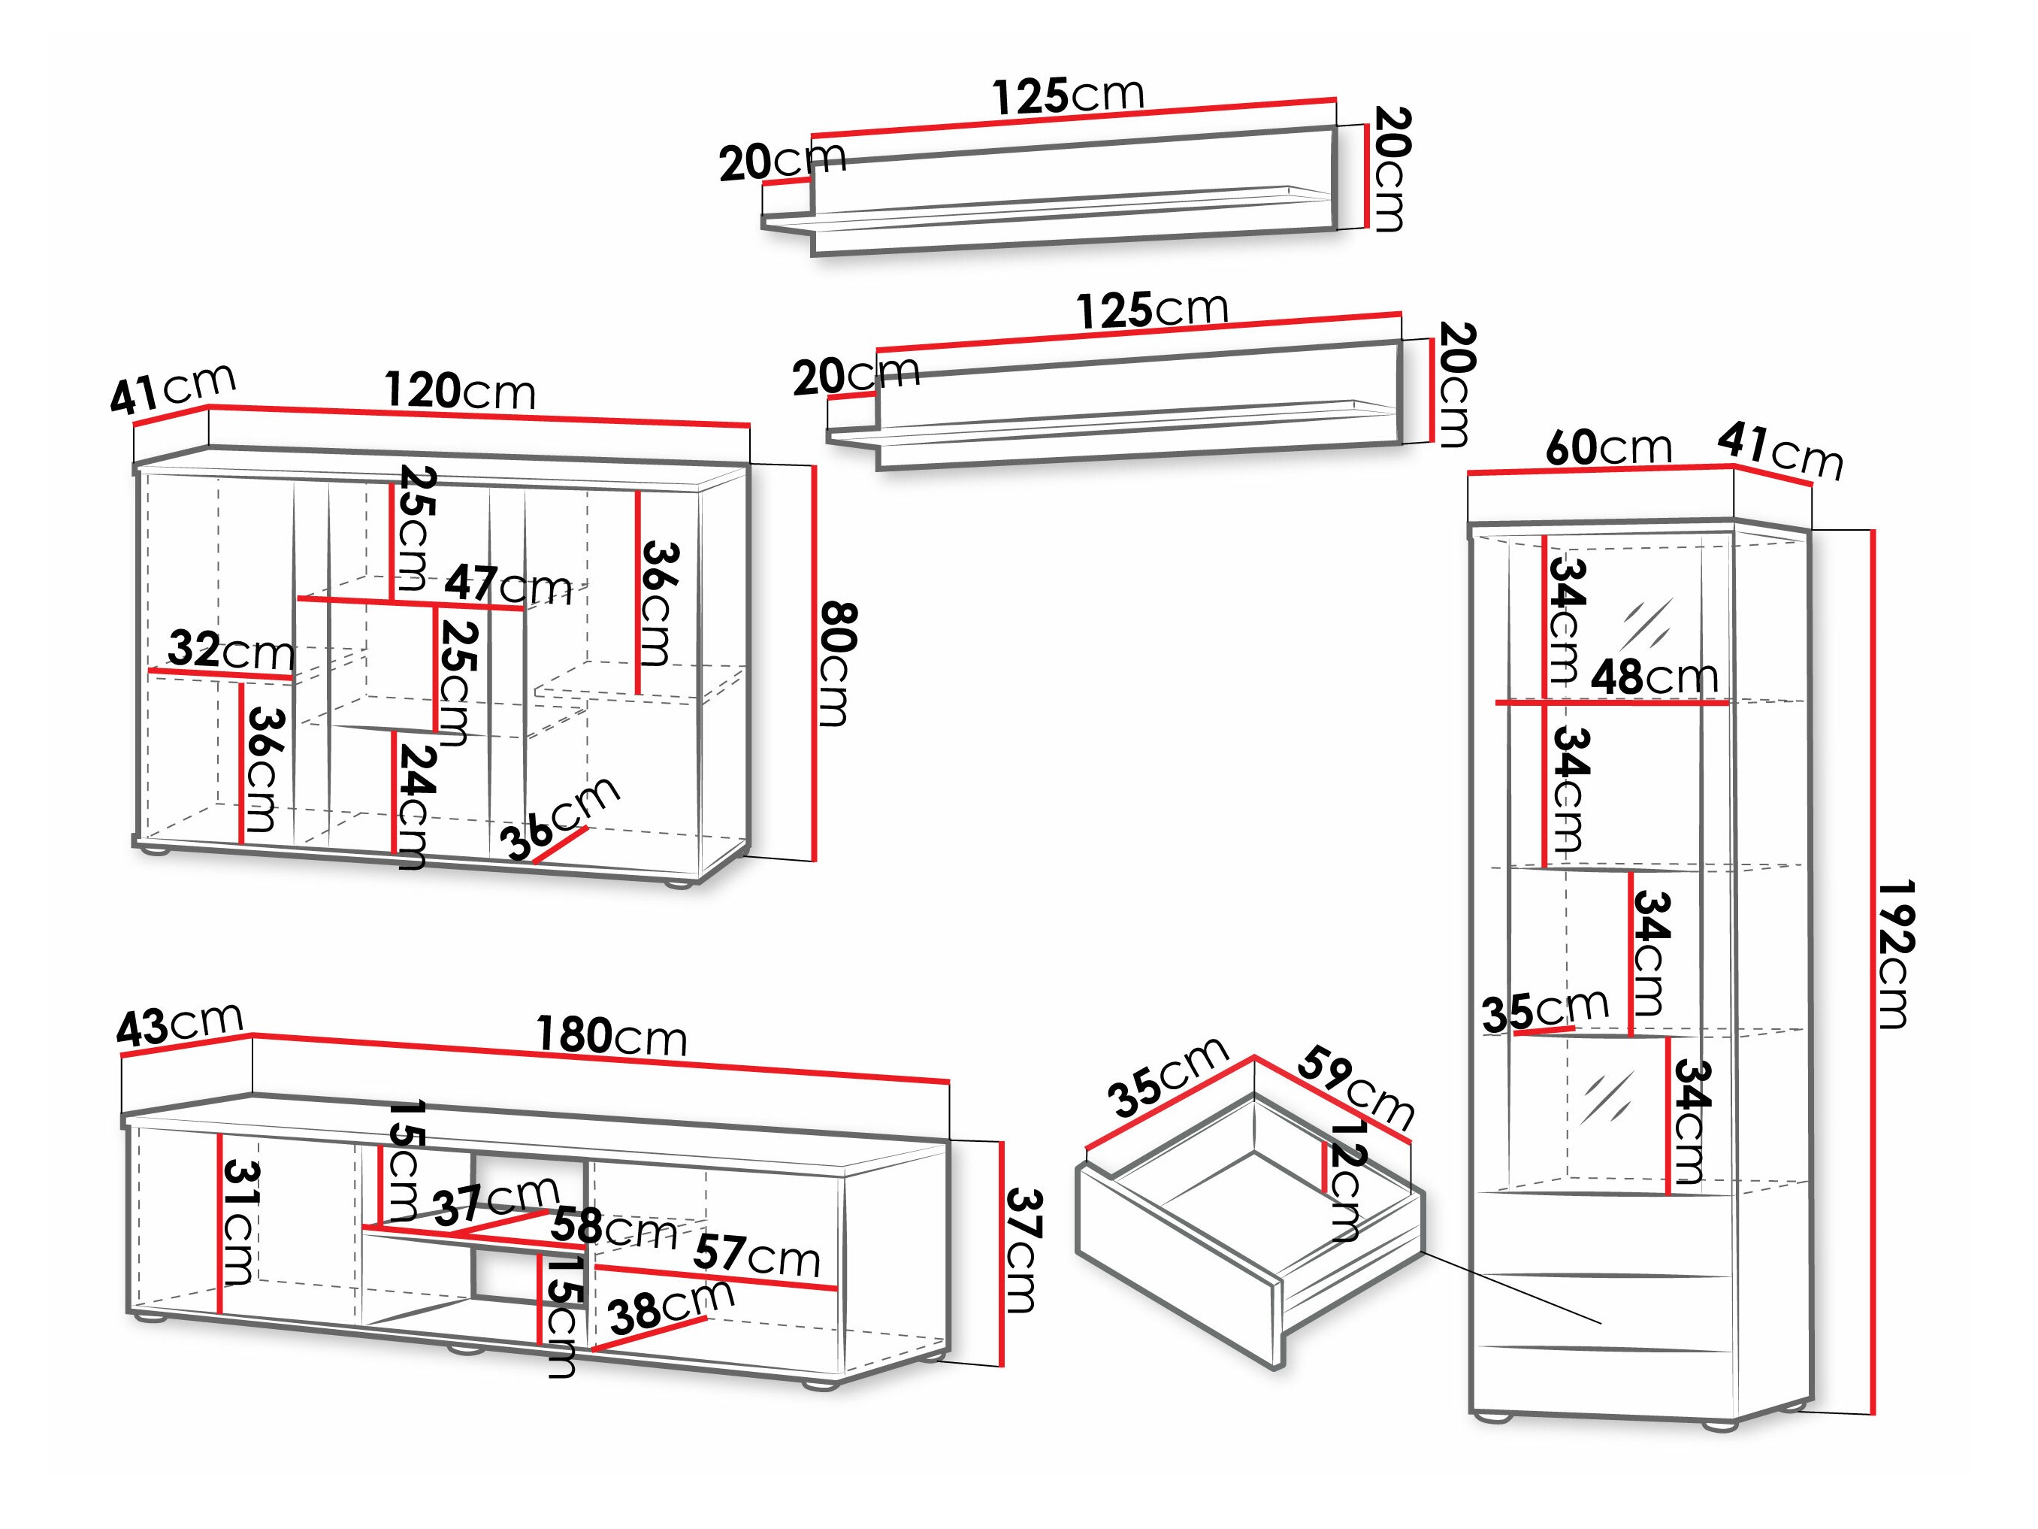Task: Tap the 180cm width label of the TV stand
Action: [612, 1036]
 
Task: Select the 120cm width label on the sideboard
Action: [460, 391]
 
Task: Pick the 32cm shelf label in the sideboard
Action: [231, 651]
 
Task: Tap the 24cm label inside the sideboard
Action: [412, 806]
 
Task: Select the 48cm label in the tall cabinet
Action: [1655, 678]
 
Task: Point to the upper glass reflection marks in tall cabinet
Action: [1648, 624]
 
